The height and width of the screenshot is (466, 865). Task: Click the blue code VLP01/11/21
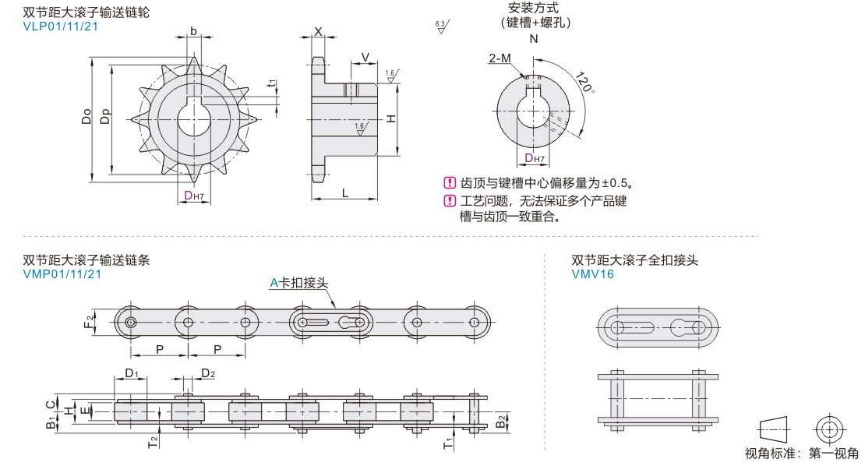click(x=60, y=26)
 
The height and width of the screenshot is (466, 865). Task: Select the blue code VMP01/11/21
click(x=62, y=274)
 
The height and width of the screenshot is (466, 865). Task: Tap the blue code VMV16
click(x=592, y=274)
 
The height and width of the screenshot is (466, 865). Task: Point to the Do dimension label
click(x=86, y=116)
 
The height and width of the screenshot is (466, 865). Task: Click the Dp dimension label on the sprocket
click(x=105, y=116)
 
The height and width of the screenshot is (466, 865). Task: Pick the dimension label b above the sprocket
click(x=193, y=31)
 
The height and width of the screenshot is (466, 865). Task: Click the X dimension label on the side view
click(x=318, y=32)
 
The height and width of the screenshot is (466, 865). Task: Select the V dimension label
click(x=365, y=58)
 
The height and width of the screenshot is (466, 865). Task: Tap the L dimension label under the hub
click(x=345, y=193)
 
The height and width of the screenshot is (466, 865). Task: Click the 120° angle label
click(x=584, y=82)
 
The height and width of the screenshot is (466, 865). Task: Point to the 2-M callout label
click(x=500, y=58)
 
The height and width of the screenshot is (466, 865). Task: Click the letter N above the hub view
click(x=534, y=39)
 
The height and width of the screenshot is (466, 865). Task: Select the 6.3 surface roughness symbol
click(x=441, y=26)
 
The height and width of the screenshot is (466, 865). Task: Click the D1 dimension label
click(x=132, y=373)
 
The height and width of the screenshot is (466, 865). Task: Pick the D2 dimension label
click(x=208, y=373)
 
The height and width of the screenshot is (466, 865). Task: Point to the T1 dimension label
click(x=448, y=443)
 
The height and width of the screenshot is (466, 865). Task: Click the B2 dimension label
click(x=500, y=422)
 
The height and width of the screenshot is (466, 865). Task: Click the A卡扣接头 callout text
click(x=298, y=283)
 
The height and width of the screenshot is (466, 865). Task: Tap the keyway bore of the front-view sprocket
click(x=194, y=118)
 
